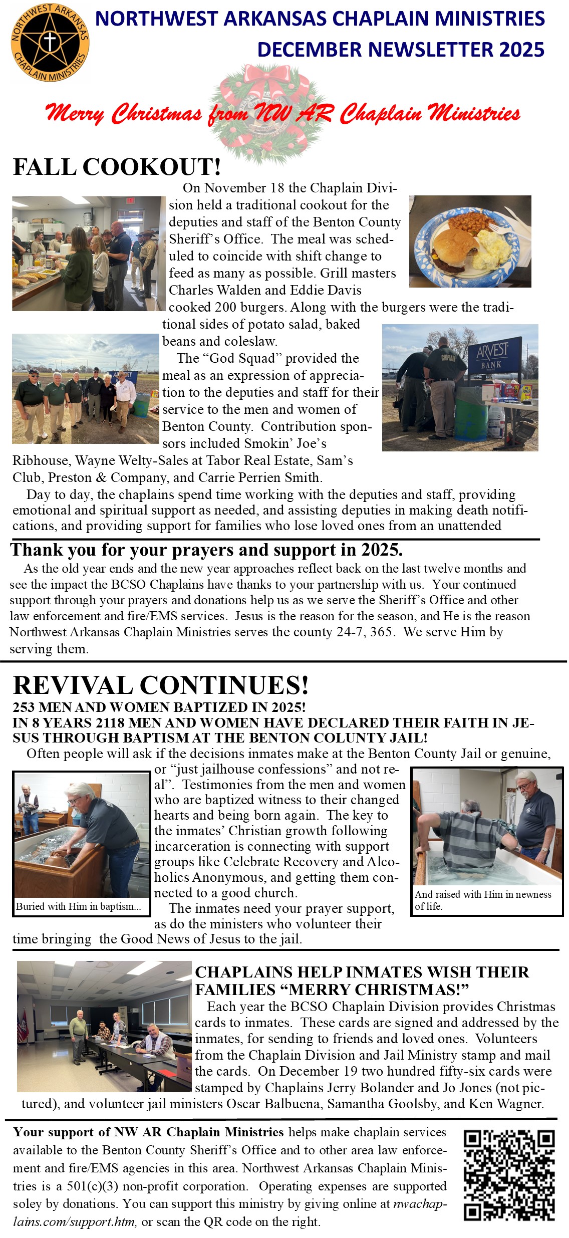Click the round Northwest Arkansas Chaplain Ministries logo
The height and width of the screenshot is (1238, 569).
[x=50, y=43]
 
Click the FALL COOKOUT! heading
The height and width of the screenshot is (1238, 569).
[x=117, y=167]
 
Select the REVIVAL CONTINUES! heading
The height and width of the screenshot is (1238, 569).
[x=160, y=685]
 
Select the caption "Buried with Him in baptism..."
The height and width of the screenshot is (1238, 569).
[x=79, y=906]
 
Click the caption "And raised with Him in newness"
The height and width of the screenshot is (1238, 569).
[x=483, y=894]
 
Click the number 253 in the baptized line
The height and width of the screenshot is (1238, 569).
[x=24, y=707]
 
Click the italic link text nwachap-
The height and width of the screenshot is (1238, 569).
[x=420, y=1203]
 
